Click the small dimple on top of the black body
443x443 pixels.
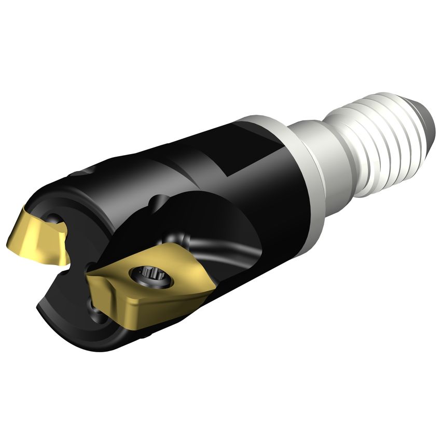83,175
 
